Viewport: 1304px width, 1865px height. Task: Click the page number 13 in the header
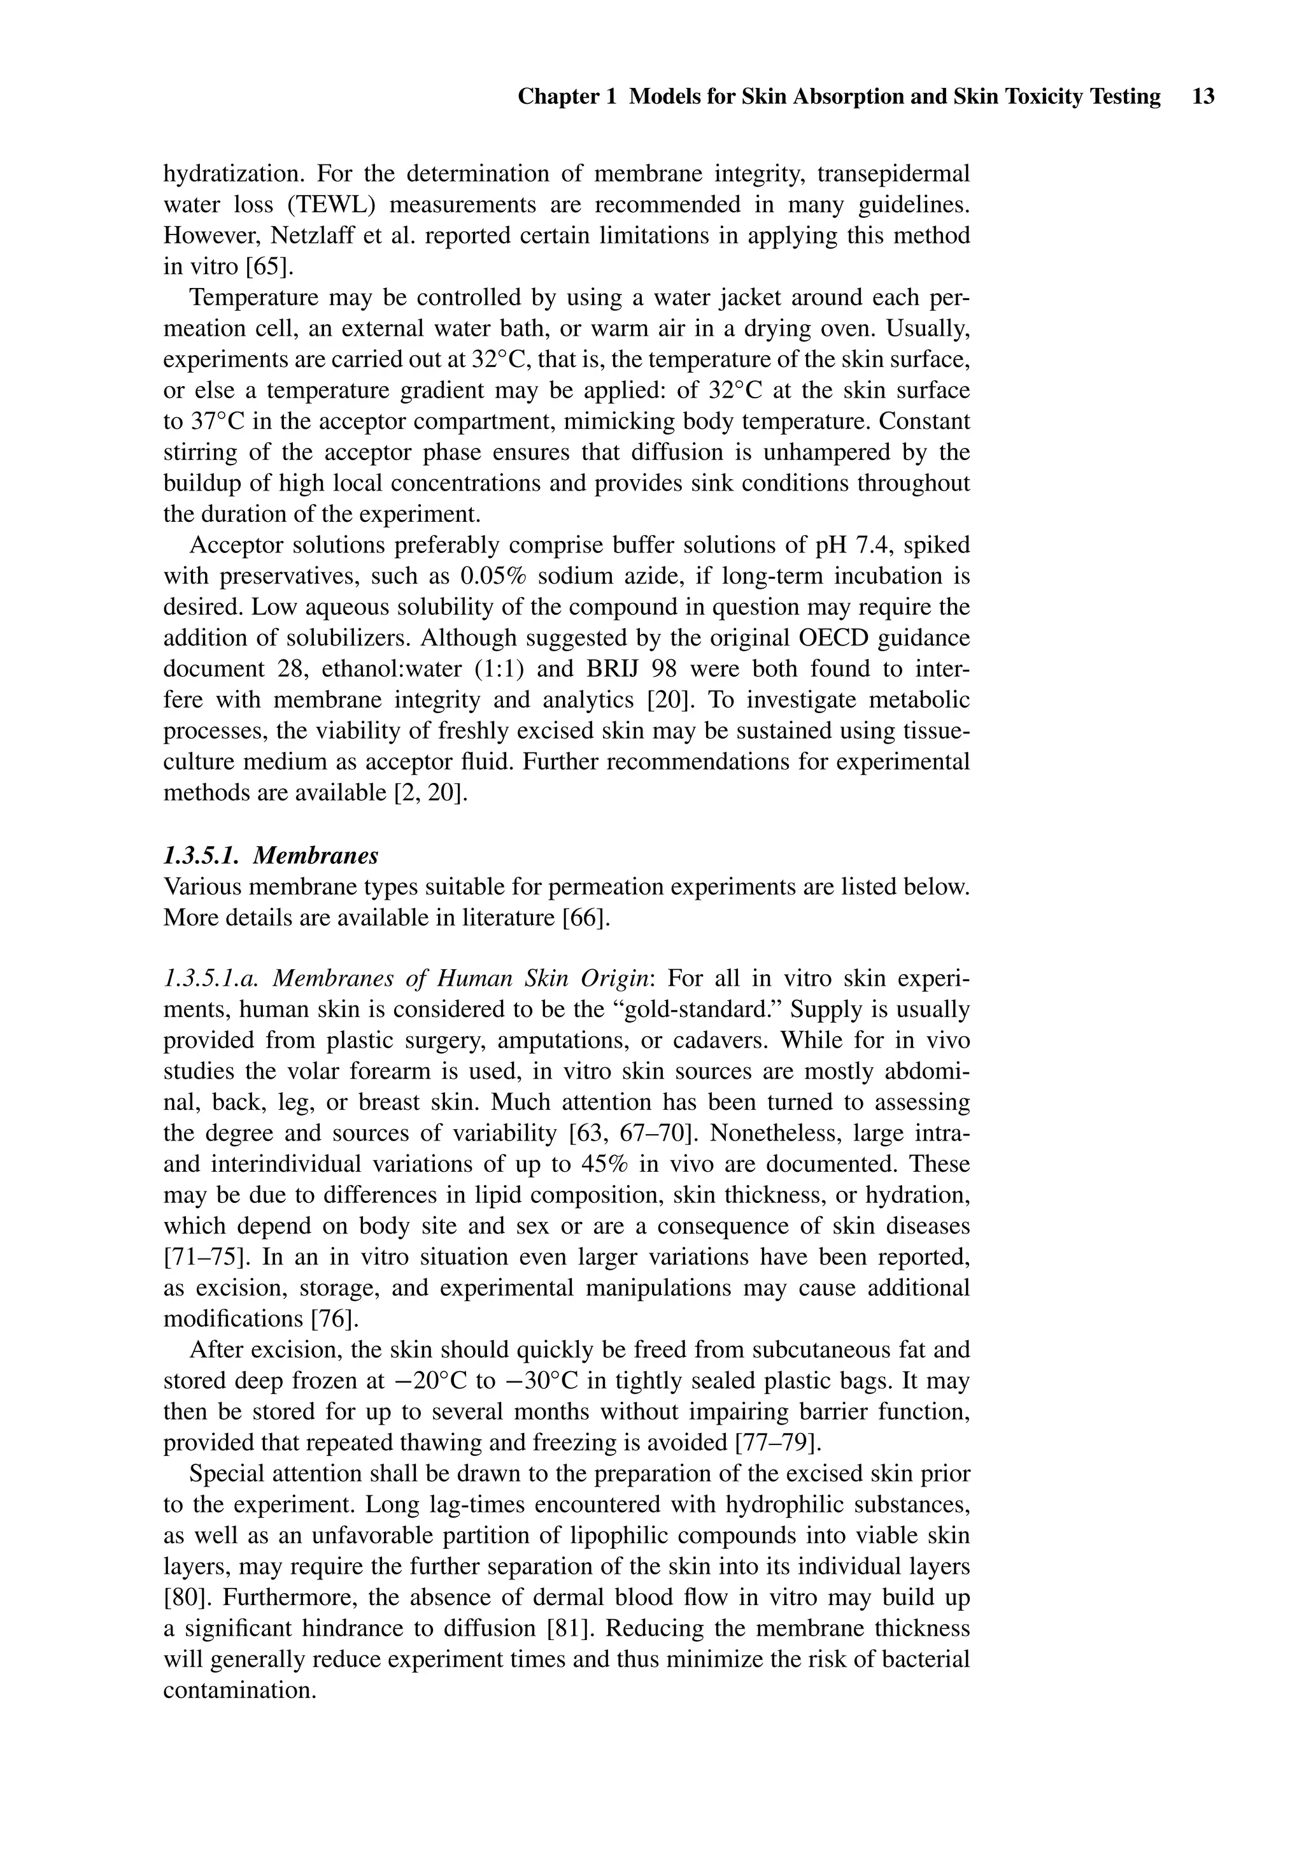pyautogui.click(x=1203, y=97)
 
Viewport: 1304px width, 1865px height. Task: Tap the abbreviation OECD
pyautogui.click(x=832, y=638)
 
